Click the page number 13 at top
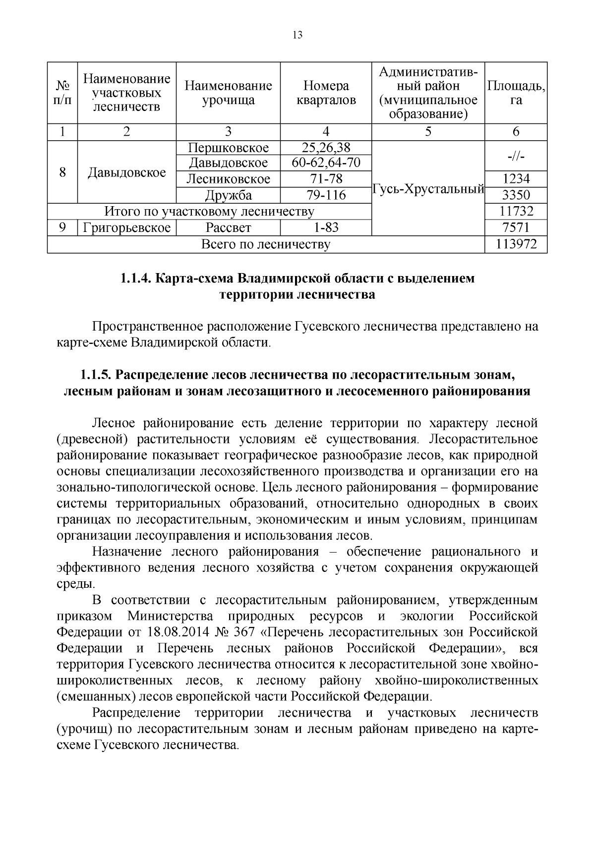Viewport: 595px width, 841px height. point(297,35)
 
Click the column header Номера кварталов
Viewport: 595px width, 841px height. point(326,93)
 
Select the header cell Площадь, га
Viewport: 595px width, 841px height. point(516,93)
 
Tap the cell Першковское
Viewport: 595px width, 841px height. point(229,148)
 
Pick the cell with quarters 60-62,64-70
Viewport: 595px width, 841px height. point(326,163)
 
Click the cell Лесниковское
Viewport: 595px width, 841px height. point(229,179)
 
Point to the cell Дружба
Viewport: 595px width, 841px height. point(229,195)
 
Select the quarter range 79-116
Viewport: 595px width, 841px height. point(326,195)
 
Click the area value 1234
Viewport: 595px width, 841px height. point(516,179)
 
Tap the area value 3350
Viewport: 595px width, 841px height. point(516,195)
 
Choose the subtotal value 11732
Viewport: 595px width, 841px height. point(516,212)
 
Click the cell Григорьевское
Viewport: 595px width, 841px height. point(127,228)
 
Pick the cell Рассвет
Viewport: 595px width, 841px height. point(229,228)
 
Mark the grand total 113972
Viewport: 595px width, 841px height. point(516,244)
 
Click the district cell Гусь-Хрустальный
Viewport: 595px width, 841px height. point(428,188)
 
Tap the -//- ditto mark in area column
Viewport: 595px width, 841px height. point(516,156)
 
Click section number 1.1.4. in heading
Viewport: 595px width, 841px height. point(136,279)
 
